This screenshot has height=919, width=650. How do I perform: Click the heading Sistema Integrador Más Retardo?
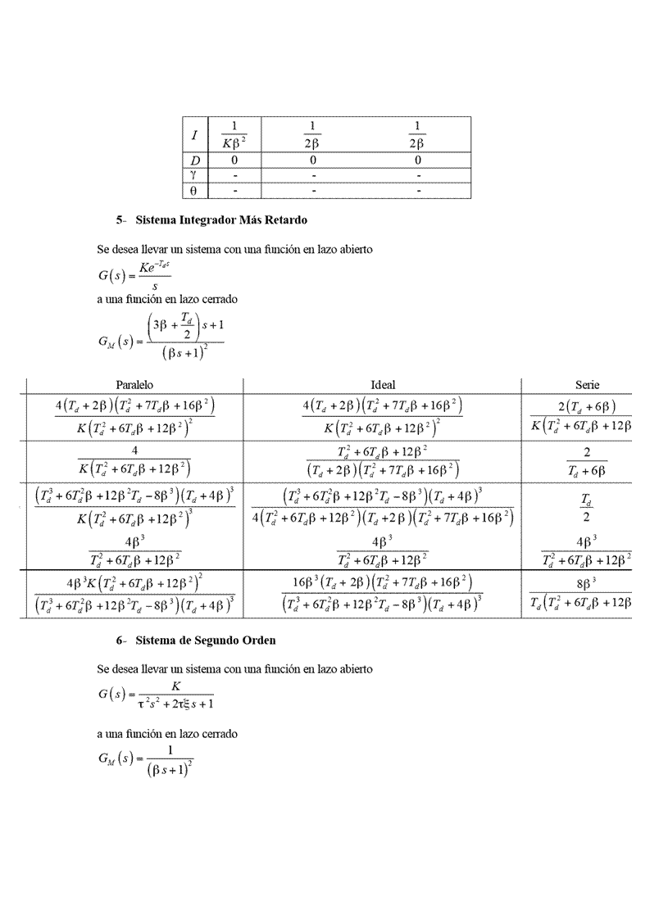[221, 220]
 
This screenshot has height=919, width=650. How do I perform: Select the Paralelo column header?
[135, 385]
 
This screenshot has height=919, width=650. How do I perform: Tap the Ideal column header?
[383, 385]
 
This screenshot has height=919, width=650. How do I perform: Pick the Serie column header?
[588, 385]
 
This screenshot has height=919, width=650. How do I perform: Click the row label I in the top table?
[194, 134]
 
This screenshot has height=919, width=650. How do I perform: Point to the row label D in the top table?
[194, 161]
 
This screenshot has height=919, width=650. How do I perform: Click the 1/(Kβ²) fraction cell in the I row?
[234, 135]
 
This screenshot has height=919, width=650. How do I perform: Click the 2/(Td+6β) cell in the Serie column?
[587, 461]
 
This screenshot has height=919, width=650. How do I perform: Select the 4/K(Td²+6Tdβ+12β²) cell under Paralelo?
[134, 461]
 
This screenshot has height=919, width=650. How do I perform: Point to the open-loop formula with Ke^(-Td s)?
[129, 273]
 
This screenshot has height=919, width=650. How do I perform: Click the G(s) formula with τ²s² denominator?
[156, 695]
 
